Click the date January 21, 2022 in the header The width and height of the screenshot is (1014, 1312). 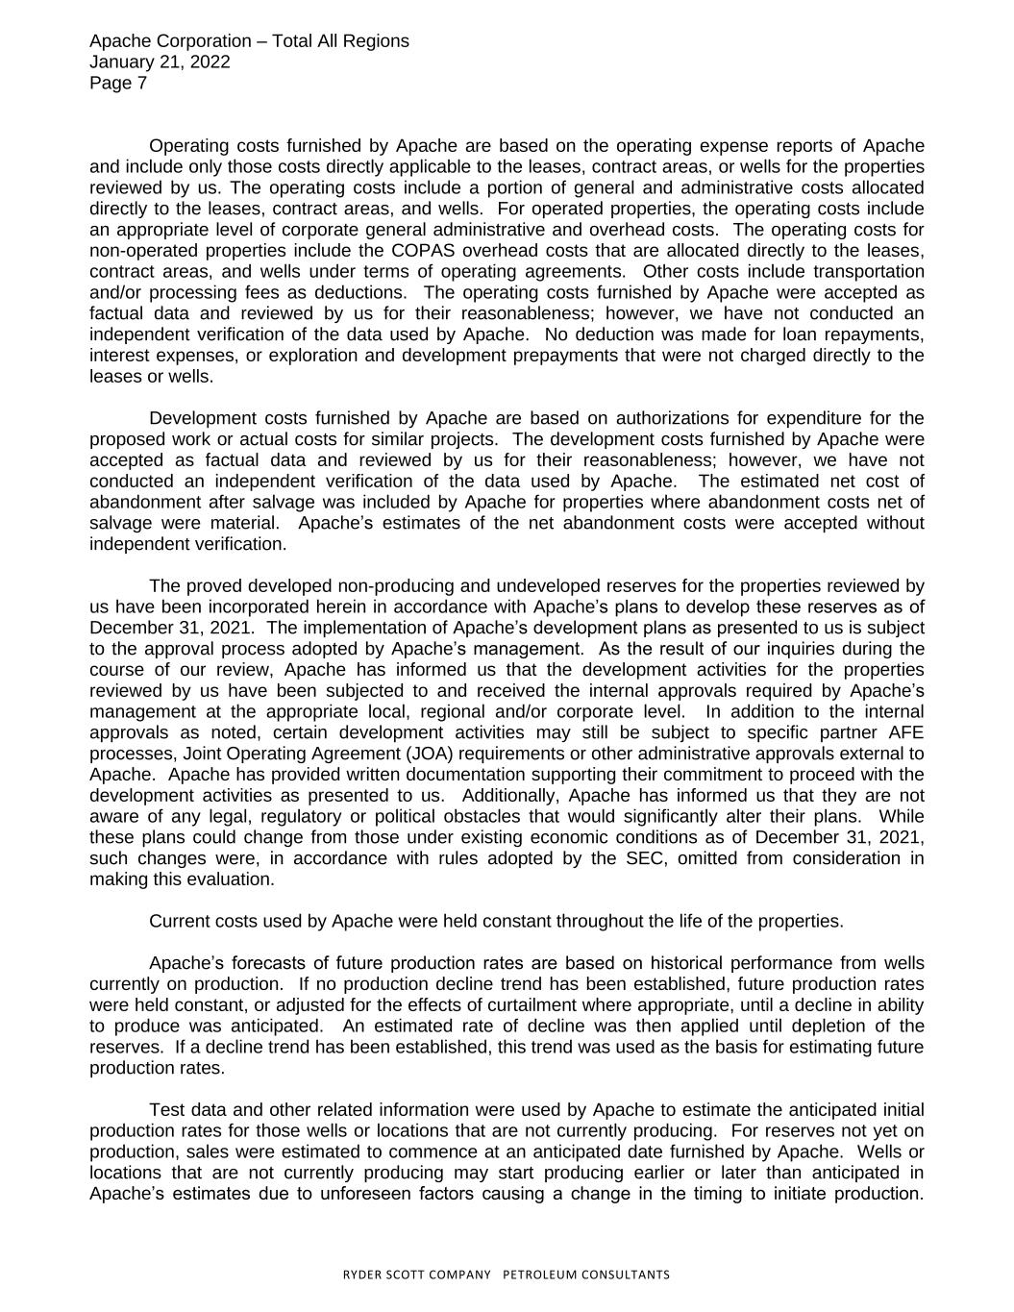159,62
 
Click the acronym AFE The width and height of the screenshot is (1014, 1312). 906,732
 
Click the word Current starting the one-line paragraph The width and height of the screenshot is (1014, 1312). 180,921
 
